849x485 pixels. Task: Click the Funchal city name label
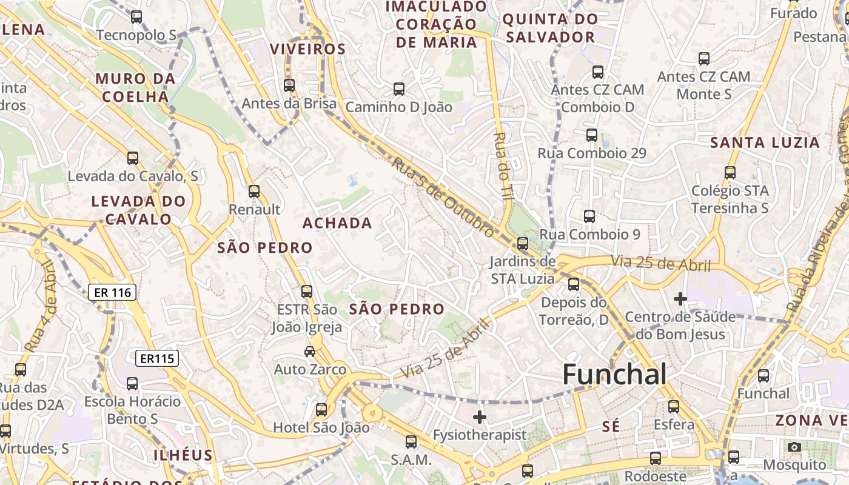click(x=614, y=374)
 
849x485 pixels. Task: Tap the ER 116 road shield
click(x=113, y=293)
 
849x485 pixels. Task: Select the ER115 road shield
click(x=157, y=358)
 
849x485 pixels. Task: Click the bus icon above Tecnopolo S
click(x=136, y=17)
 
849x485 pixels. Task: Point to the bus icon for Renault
click(x=254, y=192)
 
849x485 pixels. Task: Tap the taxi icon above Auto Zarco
click(x=310, y=351)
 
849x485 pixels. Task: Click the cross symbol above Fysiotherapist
click(x=480, y=417)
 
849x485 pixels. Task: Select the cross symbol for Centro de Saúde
click(x=680, y=299)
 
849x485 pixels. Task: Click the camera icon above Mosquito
click(x=794, y=447)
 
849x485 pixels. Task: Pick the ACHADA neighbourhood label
click(x=337, y=223)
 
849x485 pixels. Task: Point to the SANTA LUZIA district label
click(x=765, y=143)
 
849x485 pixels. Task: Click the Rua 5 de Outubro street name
click(x=443, y=196)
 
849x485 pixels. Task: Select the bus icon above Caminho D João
click(x=399, y=89)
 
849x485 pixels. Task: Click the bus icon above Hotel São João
click(x=321, y=410)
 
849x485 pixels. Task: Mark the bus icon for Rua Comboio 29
click(x=592, y=135)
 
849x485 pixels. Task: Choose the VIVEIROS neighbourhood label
click(x=307, y=49)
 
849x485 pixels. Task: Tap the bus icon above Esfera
click(x=674, y=407)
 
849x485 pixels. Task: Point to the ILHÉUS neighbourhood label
click(x=183, y=455)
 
